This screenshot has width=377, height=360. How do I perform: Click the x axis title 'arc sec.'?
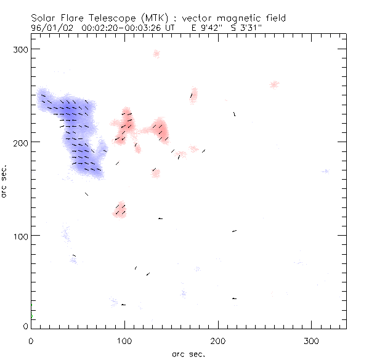click(188, 354)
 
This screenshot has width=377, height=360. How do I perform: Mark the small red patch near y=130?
click(120, 210)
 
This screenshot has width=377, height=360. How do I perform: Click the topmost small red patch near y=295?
click(156, 54)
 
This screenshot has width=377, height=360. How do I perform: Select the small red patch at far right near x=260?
click(275, 84)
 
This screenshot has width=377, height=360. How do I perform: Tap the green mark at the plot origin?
click(32, 317)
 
